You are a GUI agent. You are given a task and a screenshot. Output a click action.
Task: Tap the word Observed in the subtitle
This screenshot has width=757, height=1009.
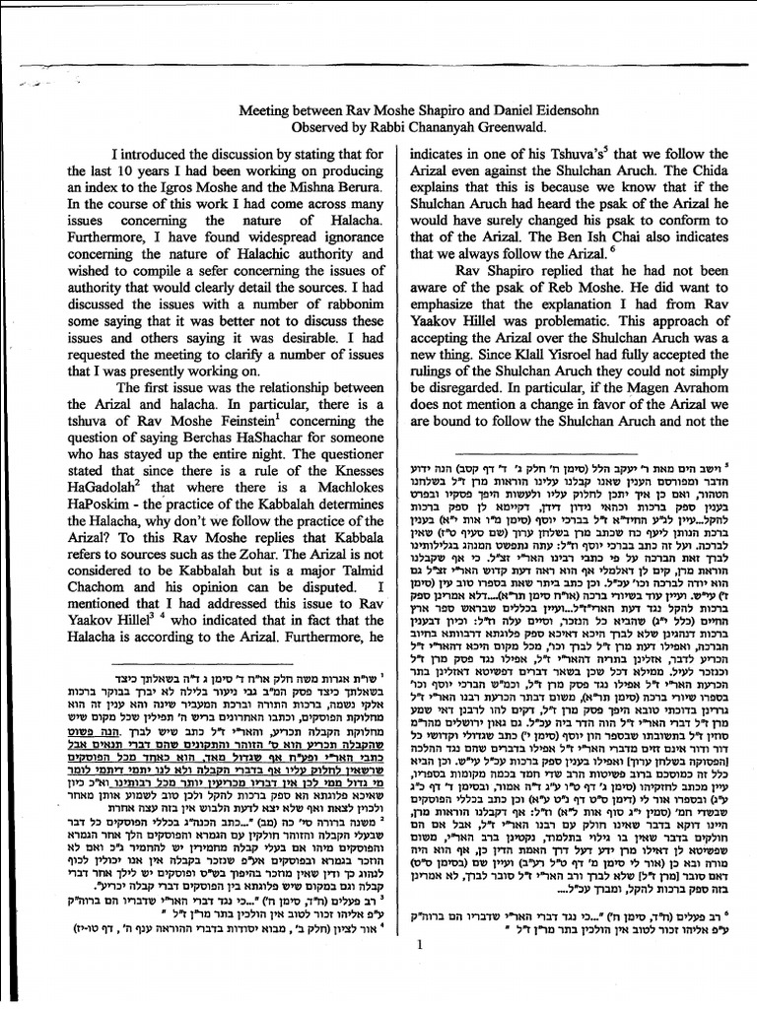pyautogui.click(x=325, y=127)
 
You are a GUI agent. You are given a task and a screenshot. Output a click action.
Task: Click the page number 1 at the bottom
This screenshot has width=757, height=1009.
pyautogui.click(x=418, y=972)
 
